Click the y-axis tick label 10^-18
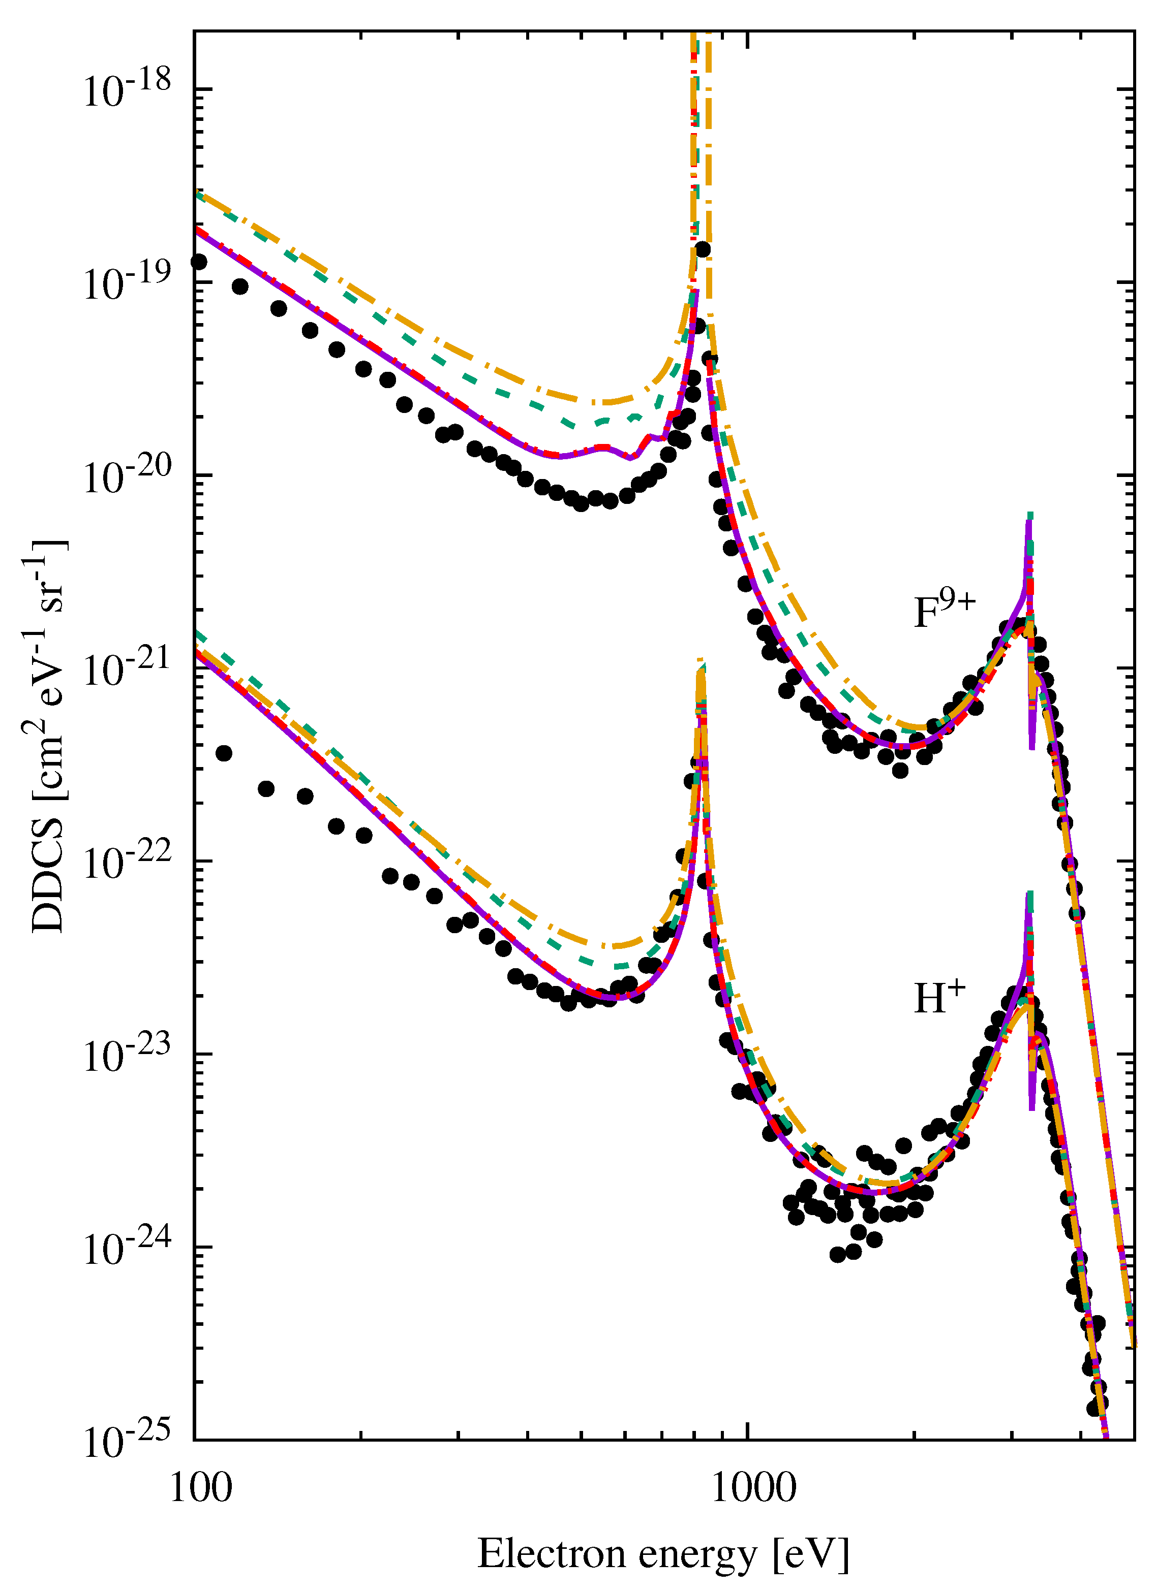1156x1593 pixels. coord(127,90)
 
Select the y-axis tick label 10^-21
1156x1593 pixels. coord(127,670)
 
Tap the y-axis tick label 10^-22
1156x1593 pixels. coord(127,863)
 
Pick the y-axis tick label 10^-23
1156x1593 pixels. coord(127,1056)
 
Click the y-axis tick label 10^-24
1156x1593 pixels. coord(127,1248)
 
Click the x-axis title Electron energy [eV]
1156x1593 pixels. coord(663,1554)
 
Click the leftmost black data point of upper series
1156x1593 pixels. coord(199,262)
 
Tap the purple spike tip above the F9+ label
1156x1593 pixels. coord(1029,518)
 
